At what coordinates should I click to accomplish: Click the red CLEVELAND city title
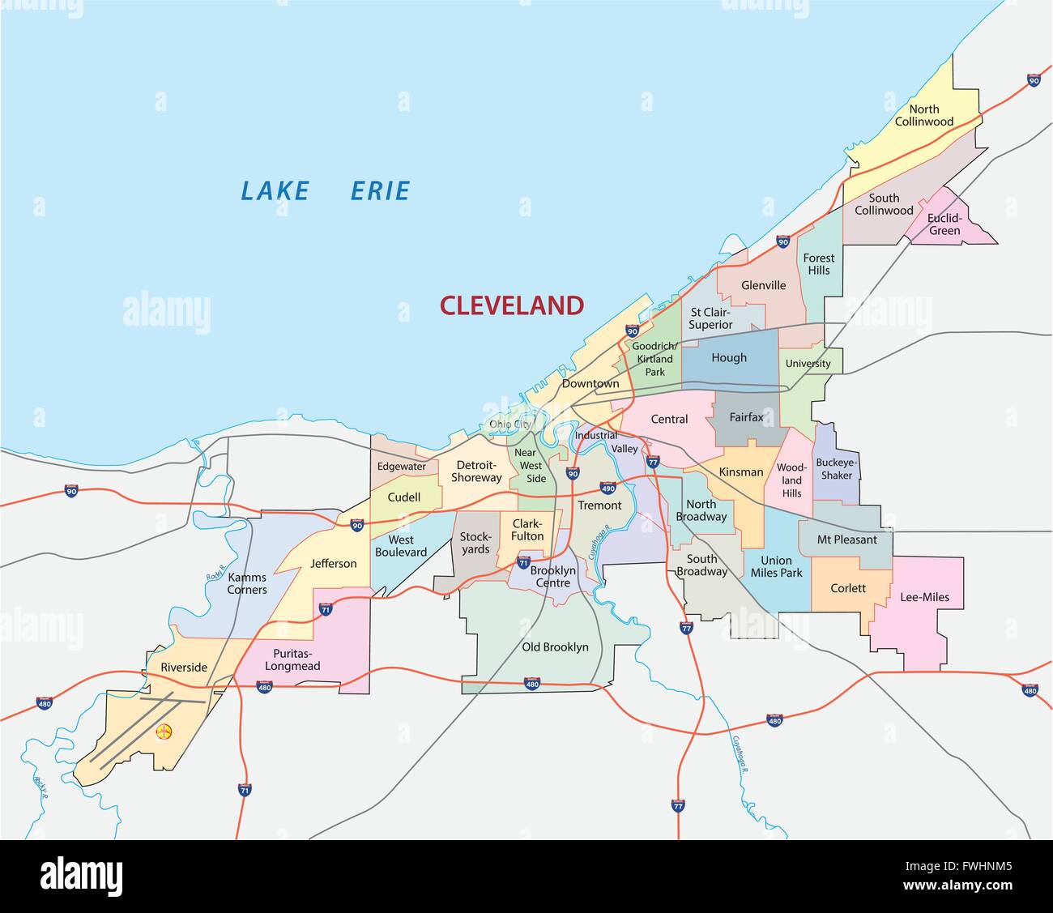(x=511, y=305)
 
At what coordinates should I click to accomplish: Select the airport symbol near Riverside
(x=164, y=732)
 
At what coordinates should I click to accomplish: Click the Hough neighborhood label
(x=729, y=358)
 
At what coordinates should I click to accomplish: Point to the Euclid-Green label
(x=944, y=224)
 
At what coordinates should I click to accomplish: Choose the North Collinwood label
(x=923, y=116)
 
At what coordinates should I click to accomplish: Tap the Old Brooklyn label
(x=555, y=647)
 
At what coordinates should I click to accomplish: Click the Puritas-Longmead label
(x=292, y=659)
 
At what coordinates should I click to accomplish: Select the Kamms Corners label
(x=247, y=583)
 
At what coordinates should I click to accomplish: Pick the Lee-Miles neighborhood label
(x=924, y=598)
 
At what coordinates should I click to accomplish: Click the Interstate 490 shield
(x=608, y=488)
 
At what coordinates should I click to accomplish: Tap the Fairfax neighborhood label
(x=746, y=418)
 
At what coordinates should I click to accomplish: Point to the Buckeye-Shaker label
(x=837, y=469)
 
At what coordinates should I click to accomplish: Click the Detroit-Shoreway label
(x=476, y=471)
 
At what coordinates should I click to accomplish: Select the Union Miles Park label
(x=776, y=566)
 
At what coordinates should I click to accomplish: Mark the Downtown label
(x=590, y=383)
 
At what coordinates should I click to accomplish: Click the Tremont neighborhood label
(x=599, y=506)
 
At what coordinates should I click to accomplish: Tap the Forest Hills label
(x=818, y=264)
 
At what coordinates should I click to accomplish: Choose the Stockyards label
(x=475, y=543)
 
